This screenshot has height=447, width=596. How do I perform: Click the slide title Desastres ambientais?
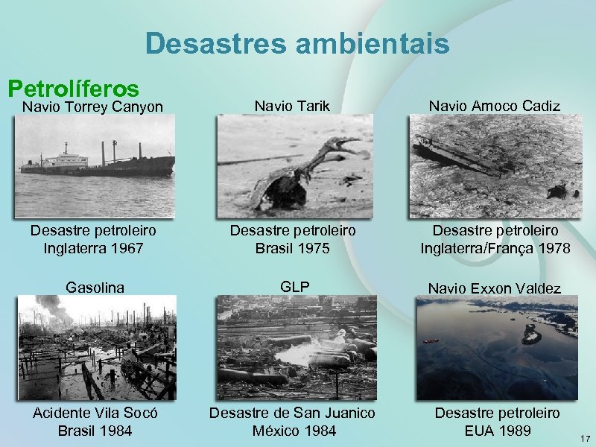(297, 43)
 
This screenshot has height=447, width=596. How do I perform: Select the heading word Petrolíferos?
(73, 89)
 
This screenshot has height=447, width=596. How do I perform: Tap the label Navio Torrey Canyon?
(92, 107)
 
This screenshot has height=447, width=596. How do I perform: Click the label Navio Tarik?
(292, 107)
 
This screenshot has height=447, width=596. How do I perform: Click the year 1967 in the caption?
(124, 247)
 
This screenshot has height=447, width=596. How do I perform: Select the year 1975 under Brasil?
(312, 247)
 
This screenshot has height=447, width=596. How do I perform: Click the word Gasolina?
(95, 286)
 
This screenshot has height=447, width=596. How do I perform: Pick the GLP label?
(293, 285)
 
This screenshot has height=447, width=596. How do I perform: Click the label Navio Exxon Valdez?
(495, 287)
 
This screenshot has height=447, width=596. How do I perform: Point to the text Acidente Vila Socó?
(95, 413)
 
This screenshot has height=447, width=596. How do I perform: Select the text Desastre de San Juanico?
(292, 413)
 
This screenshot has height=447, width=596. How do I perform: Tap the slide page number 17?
(583, 437)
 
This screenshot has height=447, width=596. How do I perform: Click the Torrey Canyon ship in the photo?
(97, 162)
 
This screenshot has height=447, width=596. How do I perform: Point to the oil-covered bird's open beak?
(344, 143)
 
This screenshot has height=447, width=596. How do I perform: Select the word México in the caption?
(275, 431)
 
